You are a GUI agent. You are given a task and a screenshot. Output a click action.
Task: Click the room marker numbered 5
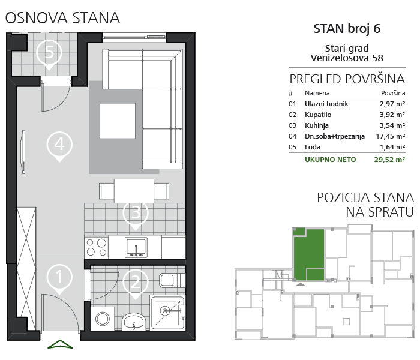[x=49, y=53]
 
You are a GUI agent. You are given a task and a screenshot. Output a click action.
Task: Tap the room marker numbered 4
[x=59, y=145]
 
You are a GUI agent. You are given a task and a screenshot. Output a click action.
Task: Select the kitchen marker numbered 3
[x=136, y=213]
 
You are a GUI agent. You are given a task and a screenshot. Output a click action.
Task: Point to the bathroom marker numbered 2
[x=136, y=283]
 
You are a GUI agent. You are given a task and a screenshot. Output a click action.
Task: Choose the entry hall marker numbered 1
[x=59, y=277]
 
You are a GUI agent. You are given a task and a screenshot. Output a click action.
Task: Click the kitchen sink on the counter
[x=136, y=247]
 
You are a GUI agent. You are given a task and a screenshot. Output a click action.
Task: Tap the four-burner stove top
[x=97, y=247]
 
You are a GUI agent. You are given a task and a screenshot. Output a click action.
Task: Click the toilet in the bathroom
[x=172, y=280]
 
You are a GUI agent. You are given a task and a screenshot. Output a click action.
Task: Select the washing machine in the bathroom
[x=103, y=319]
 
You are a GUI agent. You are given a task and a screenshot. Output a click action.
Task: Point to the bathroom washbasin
[x=134, y=322]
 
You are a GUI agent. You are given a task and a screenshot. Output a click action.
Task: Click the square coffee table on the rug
[x=118, y=121]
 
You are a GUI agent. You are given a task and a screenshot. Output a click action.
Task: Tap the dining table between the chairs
[x=134, y=191]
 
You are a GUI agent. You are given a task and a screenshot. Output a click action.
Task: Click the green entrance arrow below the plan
[x=60, y=344]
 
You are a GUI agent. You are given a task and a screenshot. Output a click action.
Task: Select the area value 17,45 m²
[x=390, y=136]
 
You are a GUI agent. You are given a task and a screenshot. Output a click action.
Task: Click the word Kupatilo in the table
[x=318, y=115]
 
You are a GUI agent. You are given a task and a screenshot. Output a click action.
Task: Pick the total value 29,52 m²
[x=389, y=160]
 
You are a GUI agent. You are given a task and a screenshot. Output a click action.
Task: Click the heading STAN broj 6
[x=347, y=29]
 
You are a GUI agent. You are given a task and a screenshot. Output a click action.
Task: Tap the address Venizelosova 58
[x=347, y=58]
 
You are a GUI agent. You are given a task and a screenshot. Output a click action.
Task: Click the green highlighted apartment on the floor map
[x=309, y=254]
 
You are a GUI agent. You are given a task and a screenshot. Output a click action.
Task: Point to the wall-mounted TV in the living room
[x=23, y=152]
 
